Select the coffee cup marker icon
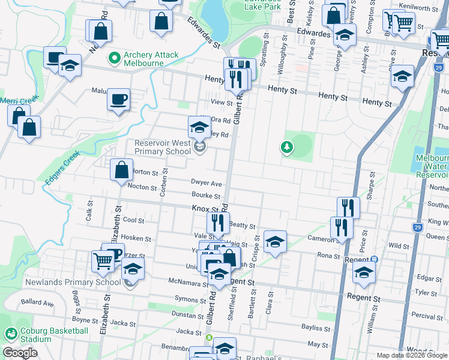pos(119,100)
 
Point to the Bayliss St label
pos(316,328)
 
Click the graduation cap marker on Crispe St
pos(275,241)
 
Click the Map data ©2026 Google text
pos(411,355)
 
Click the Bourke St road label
pos(206,196)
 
